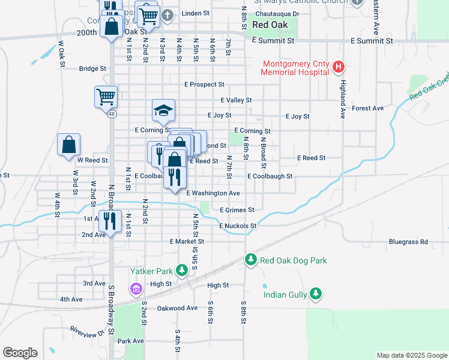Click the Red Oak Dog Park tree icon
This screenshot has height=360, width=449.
[x=250, y=260]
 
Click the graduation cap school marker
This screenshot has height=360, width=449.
[x=163, y=110]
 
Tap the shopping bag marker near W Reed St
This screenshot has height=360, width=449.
[x=69, y=145]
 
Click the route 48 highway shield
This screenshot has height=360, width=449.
[x=112, y=115]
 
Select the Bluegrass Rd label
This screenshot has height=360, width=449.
[x=408, y=242]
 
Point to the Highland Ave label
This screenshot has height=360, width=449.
[x=344, y=98]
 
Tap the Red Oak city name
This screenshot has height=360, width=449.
[x=270, y=25]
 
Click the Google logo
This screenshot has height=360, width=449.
[x=20, y=353]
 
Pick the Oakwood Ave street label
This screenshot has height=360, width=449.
[x=177, y=308]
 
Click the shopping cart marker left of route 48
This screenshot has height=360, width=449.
[x=106, y=96]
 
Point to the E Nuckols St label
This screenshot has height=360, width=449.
[x=238, y=226]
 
